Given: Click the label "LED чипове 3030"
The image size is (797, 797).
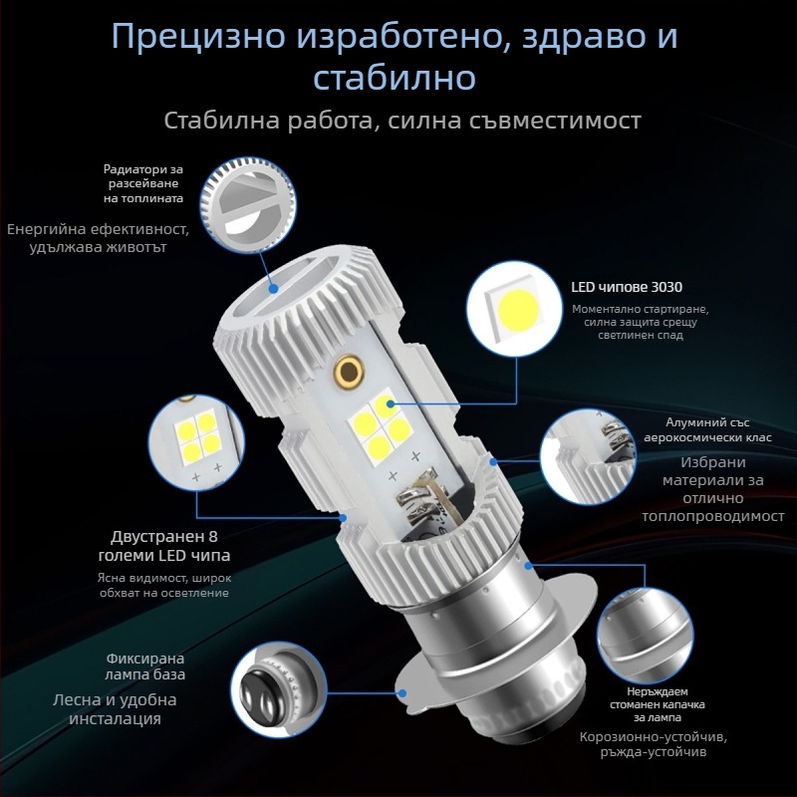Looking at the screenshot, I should (x=627, y=287).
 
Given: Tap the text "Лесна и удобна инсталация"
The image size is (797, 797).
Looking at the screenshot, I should (x=107, y=708).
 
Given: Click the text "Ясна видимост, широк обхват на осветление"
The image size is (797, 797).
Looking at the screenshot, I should (x=163, y=585).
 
